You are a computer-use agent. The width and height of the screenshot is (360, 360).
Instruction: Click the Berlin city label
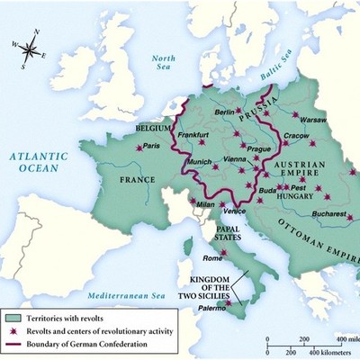pyautogui.click(x=226, y=112)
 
